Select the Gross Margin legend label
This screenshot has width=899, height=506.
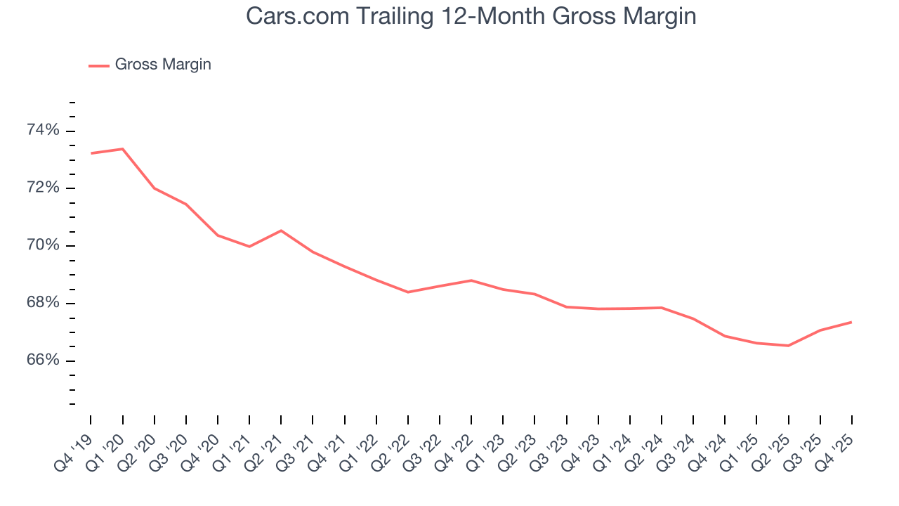(163, 65)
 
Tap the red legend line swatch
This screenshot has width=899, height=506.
(98, 65)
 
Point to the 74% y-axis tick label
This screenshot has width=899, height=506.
(44, 131)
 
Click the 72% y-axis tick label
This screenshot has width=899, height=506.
(44, 188)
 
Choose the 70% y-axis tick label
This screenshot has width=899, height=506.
(44, 246)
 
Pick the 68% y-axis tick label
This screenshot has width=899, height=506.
(44, 304)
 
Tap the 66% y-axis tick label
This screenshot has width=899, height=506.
(44, 361)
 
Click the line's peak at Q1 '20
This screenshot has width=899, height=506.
(122, 149)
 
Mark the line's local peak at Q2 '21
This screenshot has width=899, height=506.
(281, 231)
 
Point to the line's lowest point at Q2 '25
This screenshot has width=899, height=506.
(789, 346)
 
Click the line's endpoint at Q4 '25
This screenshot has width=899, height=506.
(852, 322)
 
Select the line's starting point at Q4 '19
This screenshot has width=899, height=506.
(91, 153)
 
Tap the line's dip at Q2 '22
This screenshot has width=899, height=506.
(408, 292)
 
